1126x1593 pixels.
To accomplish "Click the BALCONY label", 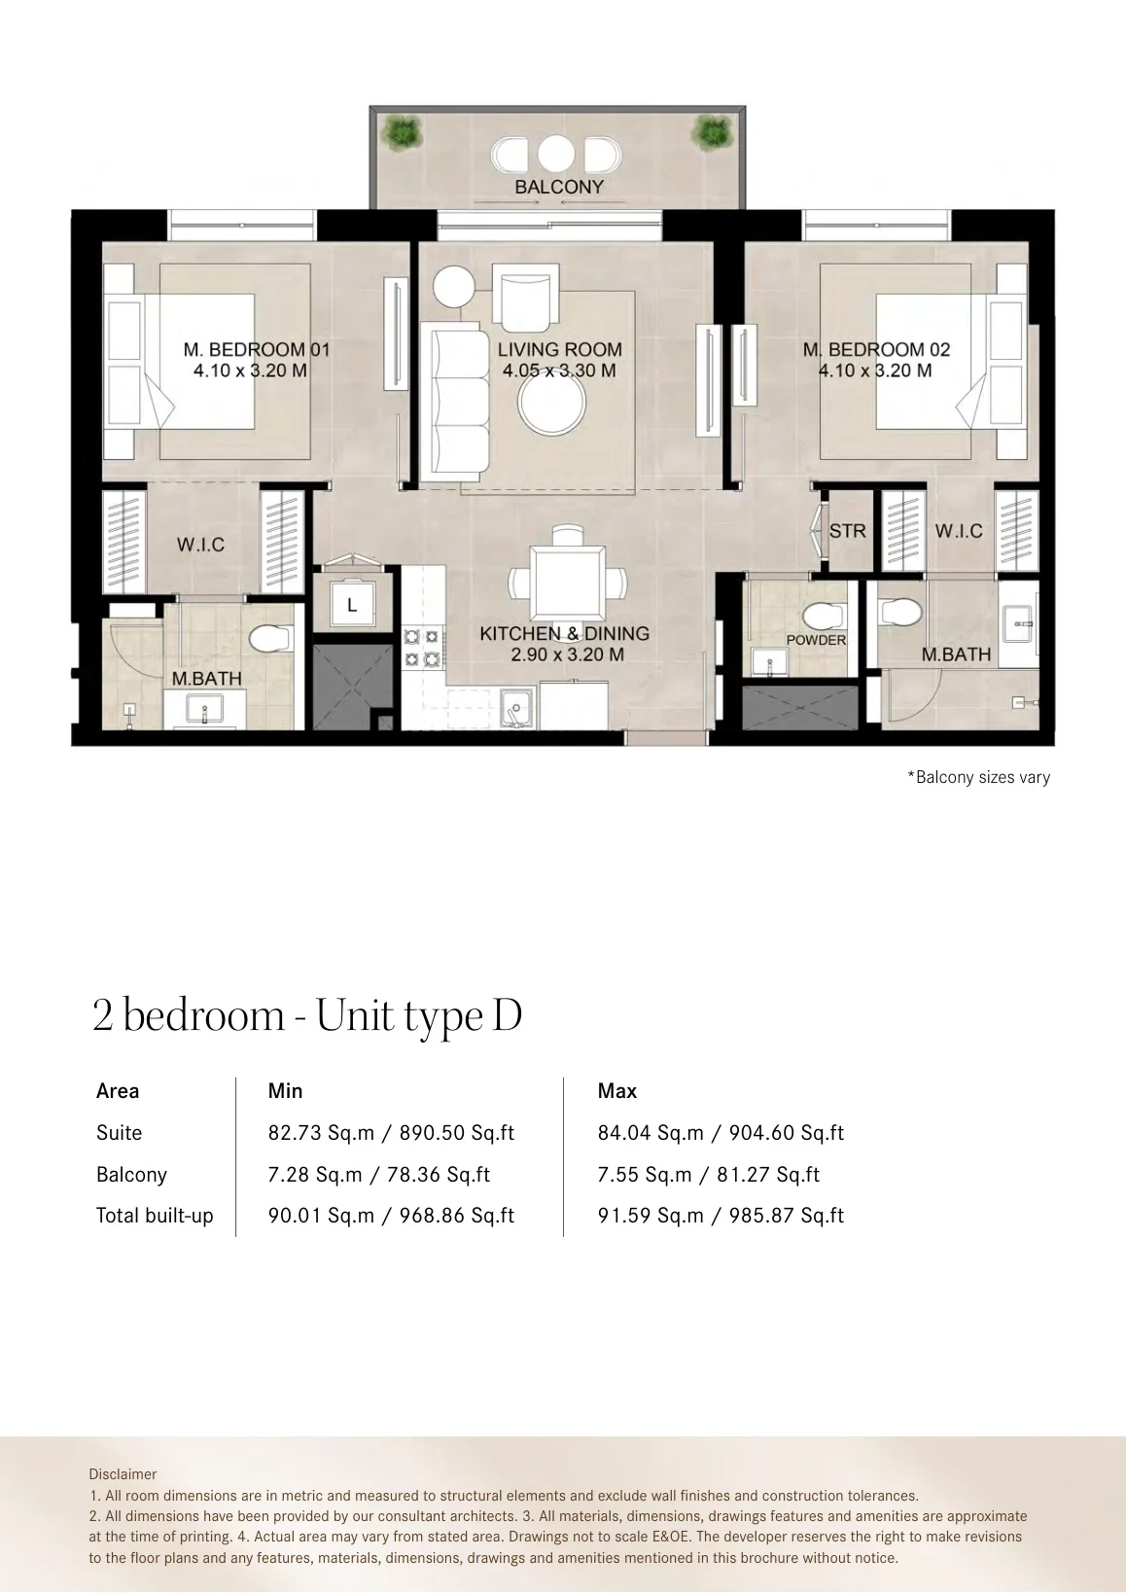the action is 559,187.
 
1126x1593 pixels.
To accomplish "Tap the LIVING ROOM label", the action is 559,350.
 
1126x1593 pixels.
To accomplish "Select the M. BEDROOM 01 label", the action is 257,350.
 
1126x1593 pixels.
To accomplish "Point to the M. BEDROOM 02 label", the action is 876,350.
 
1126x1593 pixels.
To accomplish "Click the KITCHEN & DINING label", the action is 564,634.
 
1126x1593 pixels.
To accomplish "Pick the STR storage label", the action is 847,531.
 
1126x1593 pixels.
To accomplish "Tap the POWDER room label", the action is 816,640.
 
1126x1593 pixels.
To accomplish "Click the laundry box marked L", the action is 352,605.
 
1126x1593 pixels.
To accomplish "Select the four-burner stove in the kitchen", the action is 422,648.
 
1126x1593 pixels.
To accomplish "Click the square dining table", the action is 568,584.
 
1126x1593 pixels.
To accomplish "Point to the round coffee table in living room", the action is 551,403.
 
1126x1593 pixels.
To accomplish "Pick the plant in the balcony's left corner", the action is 402,133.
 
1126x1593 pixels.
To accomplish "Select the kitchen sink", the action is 516,707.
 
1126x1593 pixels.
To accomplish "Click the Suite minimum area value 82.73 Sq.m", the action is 321,1133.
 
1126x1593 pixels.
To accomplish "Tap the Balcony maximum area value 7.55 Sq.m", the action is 644,1175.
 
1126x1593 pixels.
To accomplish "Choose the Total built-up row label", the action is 155,1216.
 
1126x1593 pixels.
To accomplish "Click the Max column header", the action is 617,1091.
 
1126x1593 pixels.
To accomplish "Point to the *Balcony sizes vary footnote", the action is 979,777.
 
